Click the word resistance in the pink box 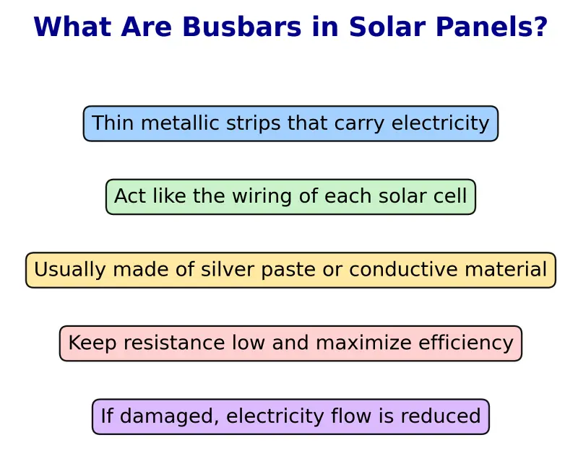[171, 343]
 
